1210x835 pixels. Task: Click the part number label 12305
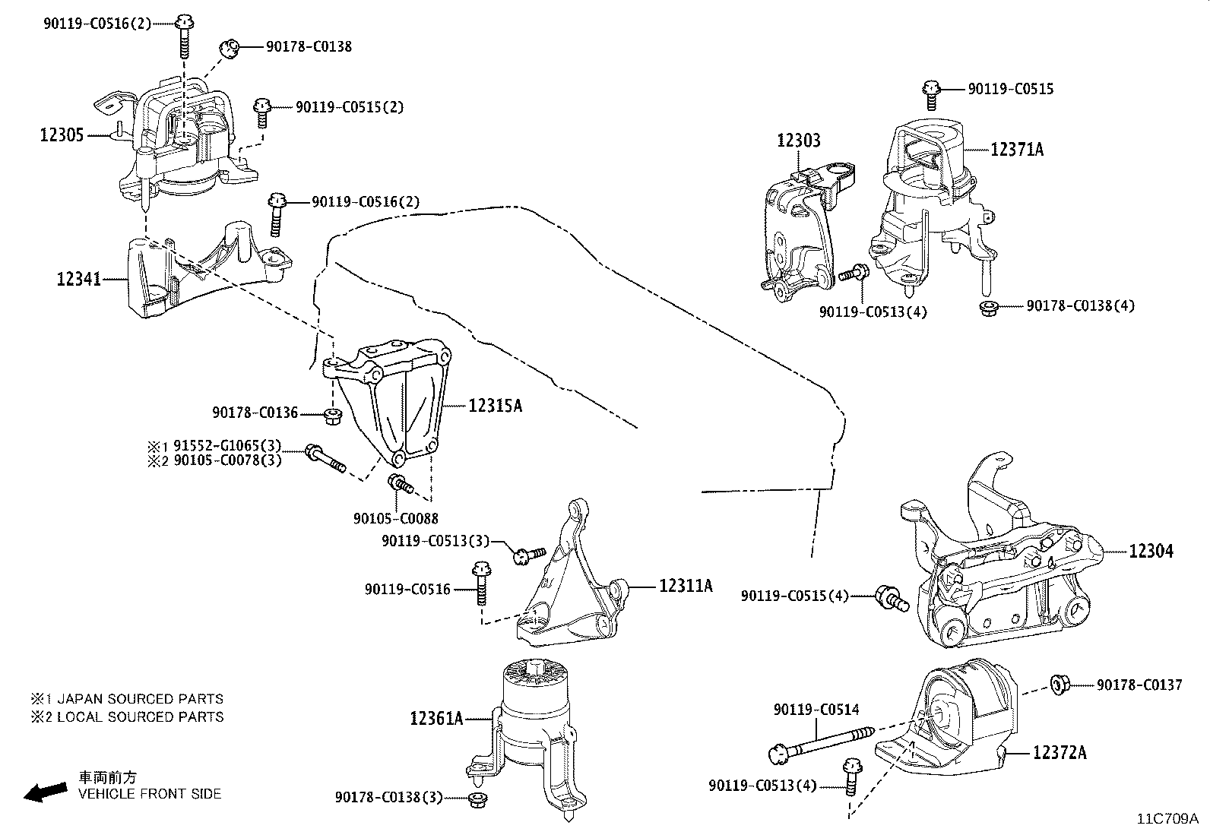point(62,135)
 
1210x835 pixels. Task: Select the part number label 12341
point(78,280)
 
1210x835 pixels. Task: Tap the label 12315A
point(495,406)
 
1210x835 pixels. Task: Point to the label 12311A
point(685,586)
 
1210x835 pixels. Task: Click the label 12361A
point(436,717)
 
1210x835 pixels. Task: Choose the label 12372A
point(1060,753)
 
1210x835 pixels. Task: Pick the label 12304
point(1151,551)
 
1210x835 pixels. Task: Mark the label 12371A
point(1017,150)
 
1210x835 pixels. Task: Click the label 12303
point(798,141)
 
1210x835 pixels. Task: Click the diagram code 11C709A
point(1167,819)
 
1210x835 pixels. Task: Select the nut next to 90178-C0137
point(1060,685)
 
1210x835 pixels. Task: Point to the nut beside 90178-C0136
point(332,415)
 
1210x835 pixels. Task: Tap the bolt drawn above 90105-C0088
point(400,483)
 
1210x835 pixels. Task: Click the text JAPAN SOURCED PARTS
point(140,699)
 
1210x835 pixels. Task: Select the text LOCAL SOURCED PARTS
point(140,716)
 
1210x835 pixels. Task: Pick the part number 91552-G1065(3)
point(227,446)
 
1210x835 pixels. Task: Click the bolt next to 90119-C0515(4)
point(892,598)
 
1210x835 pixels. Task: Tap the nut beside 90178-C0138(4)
point(988,307)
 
